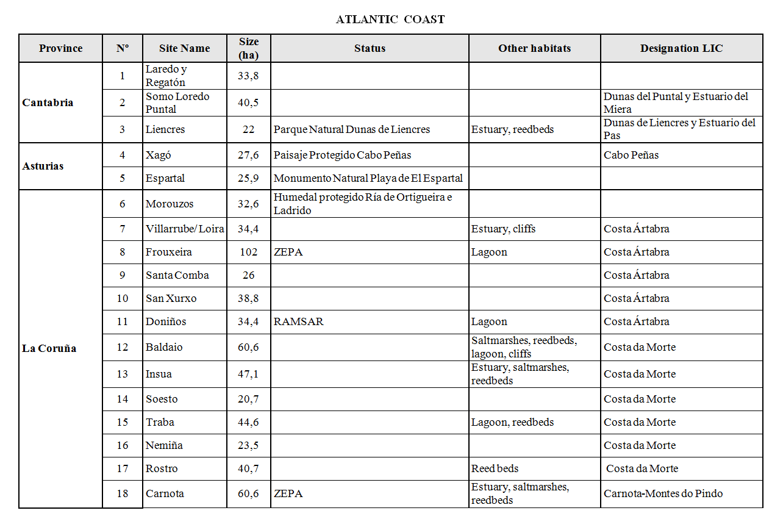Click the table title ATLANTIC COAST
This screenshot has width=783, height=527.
[390, 20]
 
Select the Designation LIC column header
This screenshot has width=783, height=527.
[681, 48]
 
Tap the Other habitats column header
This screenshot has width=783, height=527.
[534, 48]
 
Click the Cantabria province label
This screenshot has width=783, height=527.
[48, 102]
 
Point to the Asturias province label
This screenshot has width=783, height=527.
[43, 166]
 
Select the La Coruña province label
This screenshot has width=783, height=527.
[49, 349]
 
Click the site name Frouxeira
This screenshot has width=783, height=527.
[169, 252]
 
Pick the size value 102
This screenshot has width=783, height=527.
[248, 252]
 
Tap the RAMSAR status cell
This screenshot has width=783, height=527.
[299, 321]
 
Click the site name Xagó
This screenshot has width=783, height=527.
[159, 155]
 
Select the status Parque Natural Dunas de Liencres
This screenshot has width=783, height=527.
[352, 129]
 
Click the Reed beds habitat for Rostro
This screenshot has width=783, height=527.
[495, 468]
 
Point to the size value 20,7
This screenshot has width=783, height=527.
[248, 399]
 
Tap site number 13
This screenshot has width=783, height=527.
[123, 374]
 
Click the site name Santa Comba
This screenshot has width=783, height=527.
[177, 275]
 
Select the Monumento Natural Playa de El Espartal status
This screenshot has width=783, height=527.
[368, 178]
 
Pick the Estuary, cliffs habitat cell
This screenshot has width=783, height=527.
[504, 229]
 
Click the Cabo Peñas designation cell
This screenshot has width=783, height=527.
[631, 155]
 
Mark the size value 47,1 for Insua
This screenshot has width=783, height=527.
[248, 374]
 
